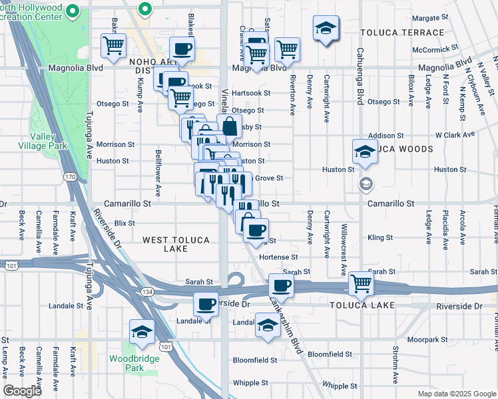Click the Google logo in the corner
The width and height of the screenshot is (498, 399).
tap(22, 391)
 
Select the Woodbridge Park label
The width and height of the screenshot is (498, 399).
tap(126, 363)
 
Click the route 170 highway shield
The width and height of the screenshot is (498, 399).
tap(70, 177)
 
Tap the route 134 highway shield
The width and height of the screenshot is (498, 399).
tap(148, 291)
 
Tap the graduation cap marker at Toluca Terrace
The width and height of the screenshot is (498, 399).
tap(326, 28)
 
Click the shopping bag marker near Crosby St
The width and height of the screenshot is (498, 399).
tap(229, 125)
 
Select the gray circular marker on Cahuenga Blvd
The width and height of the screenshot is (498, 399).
tap(365, 183)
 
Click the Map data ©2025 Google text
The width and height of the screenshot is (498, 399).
tap(456, 393)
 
